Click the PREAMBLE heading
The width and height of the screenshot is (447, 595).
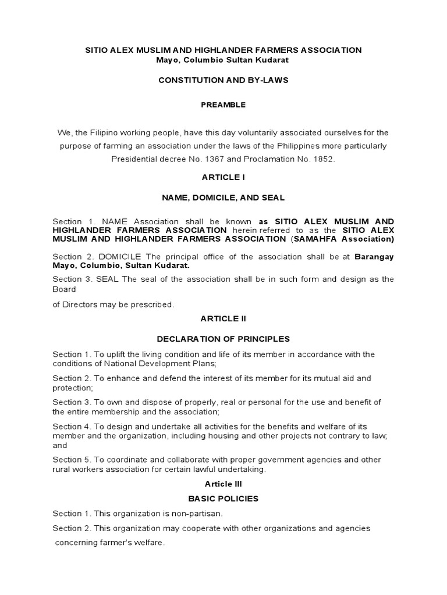(223, 105)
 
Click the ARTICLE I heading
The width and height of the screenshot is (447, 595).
(223, 178)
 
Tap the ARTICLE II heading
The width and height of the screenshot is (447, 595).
(223, 319)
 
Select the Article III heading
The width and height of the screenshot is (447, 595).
(223, 484)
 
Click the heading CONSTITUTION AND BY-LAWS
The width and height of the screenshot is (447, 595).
(223, 81)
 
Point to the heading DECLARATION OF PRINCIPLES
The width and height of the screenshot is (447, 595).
(223, 339)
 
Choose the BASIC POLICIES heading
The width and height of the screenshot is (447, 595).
(223, 499)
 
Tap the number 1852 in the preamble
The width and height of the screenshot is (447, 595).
(322, 159)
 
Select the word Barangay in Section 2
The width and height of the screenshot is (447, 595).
(374, 257)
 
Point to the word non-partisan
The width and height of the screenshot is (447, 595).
(196, 514)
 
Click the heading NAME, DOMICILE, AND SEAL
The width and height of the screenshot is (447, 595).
(223, 198)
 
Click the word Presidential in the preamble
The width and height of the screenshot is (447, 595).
(133, 159)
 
